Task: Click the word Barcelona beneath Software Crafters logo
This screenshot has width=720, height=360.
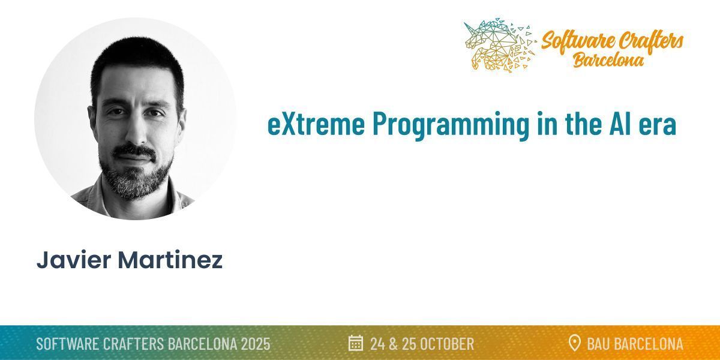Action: click(x=608, y=60)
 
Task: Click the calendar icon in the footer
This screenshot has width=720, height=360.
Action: click(x=356, y=343)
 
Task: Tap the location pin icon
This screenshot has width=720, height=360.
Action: click(x=574, y=343)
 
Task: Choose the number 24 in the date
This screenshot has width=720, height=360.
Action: click(x=378, y=344)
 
